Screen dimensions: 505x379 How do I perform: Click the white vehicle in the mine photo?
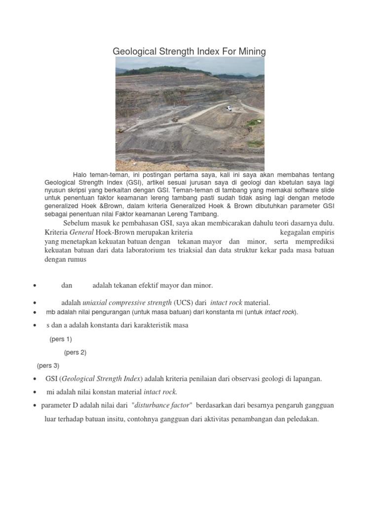[x=228, y=108]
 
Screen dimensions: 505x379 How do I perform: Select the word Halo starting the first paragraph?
[x=81, y=175]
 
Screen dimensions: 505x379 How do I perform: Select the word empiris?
[x=321, y=232]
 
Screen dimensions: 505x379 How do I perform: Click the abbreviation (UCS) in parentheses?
[x=184, y=302]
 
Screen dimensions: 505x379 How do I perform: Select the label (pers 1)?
[x=61, y=339]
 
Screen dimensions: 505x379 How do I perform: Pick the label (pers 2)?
[x=75, y=353]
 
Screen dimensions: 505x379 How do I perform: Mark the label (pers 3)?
[x=48, y=366]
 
